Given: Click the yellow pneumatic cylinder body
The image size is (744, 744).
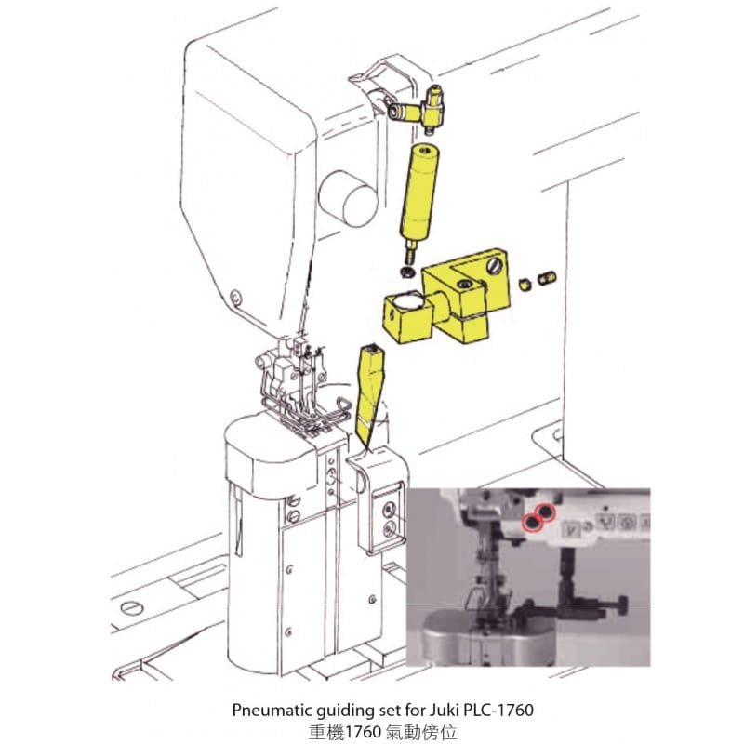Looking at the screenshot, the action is [x=419, y=194].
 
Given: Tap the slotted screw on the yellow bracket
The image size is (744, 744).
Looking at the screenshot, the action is [x=494, y=267].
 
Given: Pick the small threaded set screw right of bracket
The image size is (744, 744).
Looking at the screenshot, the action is [x=547, y=277].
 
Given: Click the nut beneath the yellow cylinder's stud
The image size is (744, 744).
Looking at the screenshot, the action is [x=406, y=272].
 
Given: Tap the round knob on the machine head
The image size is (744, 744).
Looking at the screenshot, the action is [x=348, y=198].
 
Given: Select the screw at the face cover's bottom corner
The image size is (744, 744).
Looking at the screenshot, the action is [x=235, y=298].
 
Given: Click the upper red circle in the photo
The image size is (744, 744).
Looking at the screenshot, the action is [x=546, y=511].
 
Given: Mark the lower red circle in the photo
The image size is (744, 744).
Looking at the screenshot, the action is [x=532, y=523].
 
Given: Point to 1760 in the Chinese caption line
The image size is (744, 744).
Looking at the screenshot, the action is [x=363, y=732].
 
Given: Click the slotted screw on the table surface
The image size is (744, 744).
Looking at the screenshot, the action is [x=132, y=608].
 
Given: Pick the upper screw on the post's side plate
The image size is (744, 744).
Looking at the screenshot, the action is [x=390, y=510].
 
